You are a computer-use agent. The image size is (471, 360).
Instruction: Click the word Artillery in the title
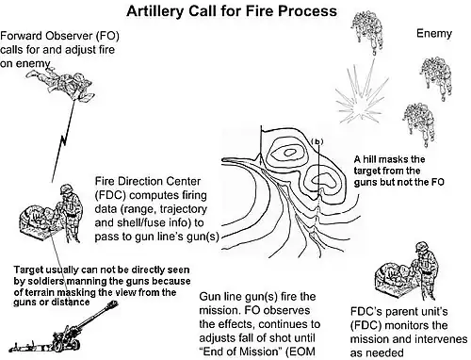tap(155, 11)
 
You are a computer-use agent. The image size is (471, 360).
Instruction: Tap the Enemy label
tap(434, 33)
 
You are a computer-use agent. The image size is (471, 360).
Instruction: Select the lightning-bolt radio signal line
tap(63, 140)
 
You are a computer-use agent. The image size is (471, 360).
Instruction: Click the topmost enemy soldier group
tap(366, 30)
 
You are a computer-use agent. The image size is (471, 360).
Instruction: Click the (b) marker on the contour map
tap(317, 141)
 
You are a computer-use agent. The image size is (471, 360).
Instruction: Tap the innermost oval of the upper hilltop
tap(289, 153)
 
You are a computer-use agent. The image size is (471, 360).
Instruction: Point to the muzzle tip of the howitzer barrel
tap(115, 303)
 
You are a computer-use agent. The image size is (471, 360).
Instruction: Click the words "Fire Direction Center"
tap(148, 181)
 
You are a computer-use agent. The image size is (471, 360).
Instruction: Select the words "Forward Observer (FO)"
tap(59, 36)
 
